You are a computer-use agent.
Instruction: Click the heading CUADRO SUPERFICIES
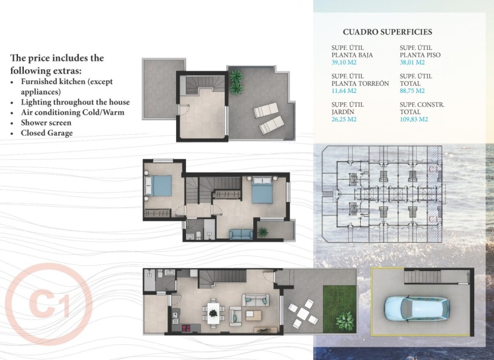coord(387,33)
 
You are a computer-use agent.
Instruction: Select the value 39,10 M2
coord(343,62)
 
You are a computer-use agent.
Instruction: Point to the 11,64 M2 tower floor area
coord(343,91)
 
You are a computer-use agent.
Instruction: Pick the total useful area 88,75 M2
coord(412,91)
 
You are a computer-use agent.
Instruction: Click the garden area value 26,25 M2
coord(343,119)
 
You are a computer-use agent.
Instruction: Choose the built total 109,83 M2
coord(414,119)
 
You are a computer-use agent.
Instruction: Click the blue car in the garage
coord(416,308)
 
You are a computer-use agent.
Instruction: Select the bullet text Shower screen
coord(46,123)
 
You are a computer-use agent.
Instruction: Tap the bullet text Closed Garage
coord(46,133)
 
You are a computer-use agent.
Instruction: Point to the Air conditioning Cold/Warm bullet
coord(72,112)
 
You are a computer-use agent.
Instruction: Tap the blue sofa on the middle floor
coord(241,235)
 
